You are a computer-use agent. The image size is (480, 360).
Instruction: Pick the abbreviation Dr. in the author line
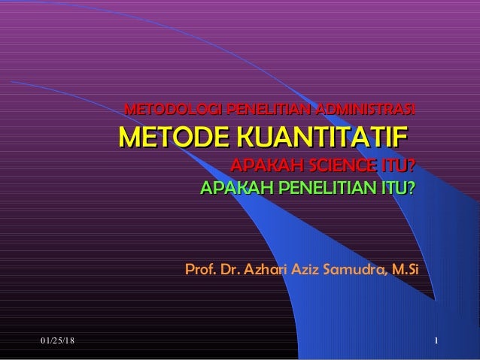click(x=227, y=268)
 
